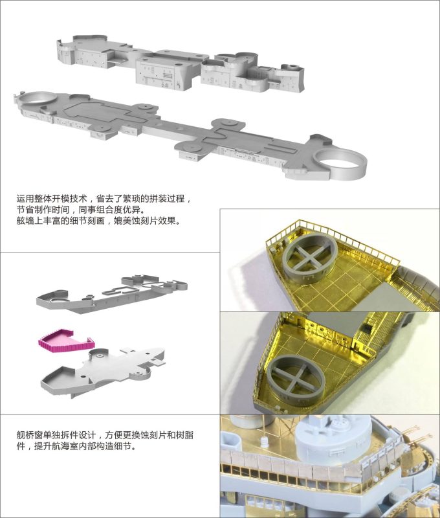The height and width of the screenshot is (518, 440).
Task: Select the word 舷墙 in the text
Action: [x=24, y=221]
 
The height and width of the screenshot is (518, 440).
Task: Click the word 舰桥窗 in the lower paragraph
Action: [x=29, y=436]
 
